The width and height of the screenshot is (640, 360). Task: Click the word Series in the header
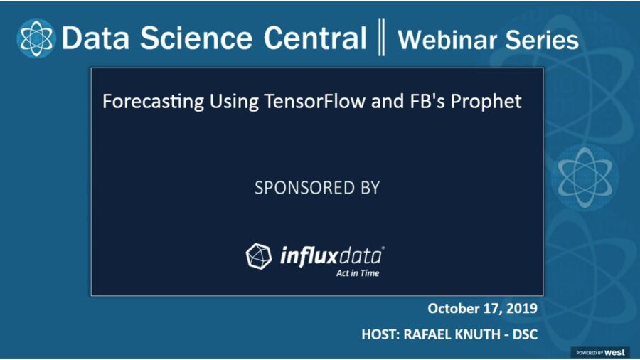click(x=541, y=40)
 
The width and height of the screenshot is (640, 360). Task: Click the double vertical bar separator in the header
click(x=382, y=38)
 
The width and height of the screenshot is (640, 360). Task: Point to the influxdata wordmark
click(x=331, y=254)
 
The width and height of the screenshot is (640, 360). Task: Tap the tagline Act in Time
click(x=358, y=272)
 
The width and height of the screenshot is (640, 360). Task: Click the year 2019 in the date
click(x=521, y=309)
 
